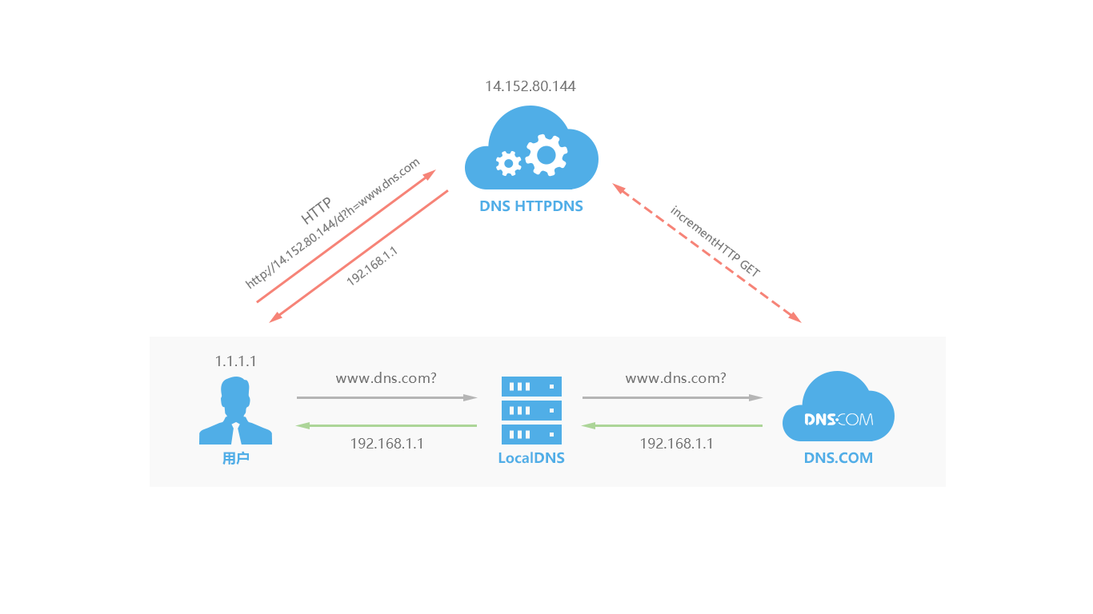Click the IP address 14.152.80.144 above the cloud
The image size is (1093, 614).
[530, 86]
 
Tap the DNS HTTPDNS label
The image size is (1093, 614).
[531, 206]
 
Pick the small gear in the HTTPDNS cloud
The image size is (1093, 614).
[508, 164]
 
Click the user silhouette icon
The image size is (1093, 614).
[235, 411]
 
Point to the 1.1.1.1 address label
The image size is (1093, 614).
[235, 361]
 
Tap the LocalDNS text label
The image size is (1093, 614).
[531, 459]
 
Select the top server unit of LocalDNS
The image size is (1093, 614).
[531, 386]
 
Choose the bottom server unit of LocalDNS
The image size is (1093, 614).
[531, 435]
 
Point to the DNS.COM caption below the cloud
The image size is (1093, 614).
[838, 459]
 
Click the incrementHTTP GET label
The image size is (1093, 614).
[715, 241]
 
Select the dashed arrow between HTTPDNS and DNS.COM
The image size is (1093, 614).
[707, 253]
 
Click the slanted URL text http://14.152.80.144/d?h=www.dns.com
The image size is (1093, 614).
[333, 223]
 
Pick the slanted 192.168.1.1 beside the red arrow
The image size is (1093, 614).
[372, 266]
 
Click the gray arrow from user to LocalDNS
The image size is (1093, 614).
[386, 397]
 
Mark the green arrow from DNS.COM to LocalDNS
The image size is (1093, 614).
[671, 425]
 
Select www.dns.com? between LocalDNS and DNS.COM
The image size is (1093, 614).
[675, 377]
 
